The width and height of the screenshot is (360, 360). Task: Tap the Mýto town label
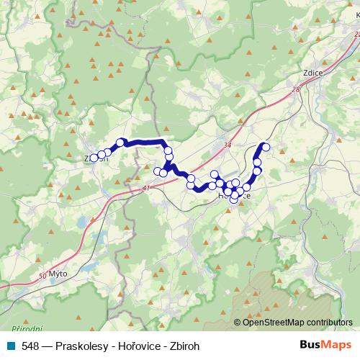coord(58,274)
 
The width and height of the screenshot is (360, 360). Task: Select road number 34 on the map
coord(228,145)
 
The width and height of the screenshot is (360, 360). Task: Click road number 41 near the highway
coord(147,189)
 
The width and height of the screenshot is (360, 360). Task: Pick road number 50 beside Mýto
coord(42,275)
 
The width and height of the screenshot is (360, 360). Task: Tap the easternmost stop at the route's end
coord(266,147)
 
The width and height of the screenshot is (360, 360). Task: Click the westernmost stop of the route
coord(94,158)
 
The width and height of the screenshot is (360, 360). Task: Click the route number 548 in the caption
coord(30,346)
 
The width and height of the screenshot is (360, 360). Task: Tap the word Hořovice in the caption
coord(137,346)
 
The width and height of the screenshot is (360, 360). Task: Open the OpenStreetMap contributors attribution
coord(297,323)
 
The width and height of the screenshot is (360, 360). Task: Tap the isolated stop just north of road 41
coord(158,171)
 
